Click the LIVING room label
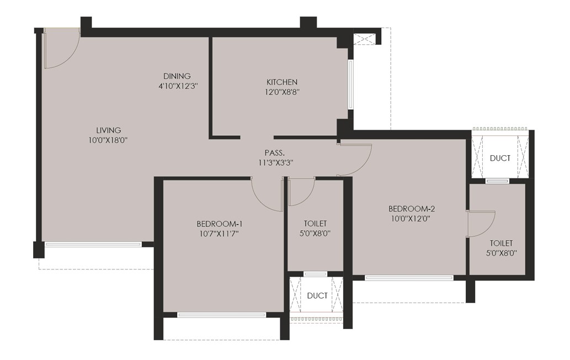[108, 130]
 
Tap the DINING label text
[177, 76]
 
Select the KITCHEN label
[282, 82]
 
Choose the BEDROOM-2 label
[412, 209]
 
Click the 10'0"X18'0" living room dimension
[108, 140]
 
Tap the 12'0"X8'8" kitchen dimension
[282, 92]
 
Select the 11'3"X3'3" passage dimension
[275, 163]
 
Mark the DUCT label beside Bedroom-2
[500, 158]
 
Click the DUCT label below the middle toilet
[317, 296]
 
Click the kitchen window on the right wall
[350, 84]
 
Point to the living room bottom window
[93, 245]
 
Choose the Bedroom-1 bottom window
[221, 315]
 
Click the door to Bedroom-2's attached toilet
[481, 224]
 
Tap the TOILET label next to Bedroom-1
[315, 224]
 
